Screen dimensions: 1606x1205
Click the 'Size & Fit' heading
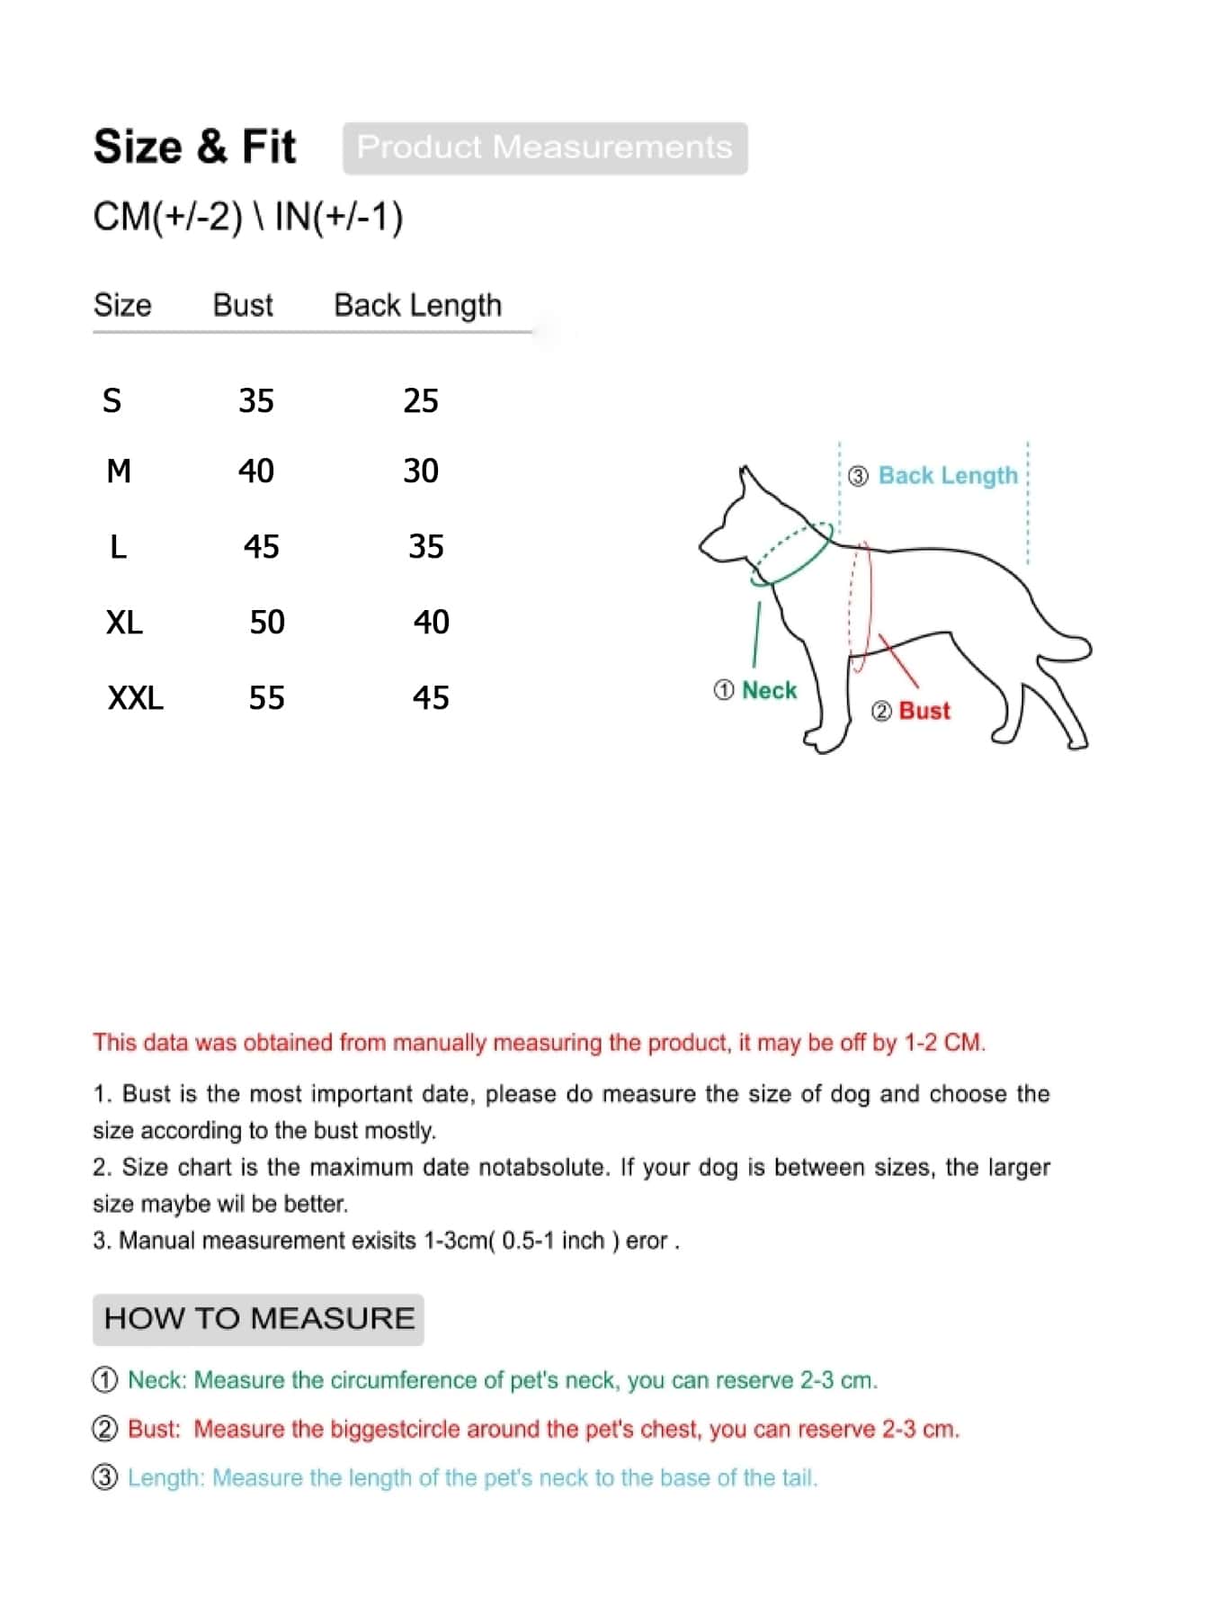(194, 147)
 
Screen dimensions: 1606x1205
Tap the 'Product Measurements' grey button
(544, 148)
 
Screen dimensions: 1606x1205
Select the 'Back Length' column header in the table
(417, 306)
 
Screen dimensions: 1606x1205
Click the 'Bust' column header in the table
(243, 306)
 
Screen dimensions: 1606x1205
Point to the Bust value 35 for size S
(256, 400)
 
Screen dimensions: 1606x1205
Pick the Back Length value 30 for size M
(421, 471)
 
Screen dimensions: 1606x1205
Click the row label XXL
(136, 698)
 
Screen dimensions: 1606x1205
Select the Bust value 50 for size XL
(267, 623)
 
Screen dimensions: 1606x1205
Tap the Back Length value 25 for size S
(421, 400)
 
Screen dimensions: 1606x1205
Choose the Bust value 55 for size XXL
(267, 698)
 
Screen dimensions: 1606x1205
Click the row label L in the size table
(118, 547)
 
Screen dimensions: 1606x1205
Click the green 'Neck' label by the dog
(769, 690)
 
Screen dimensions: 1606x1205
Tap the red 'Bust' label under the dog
(924, 711)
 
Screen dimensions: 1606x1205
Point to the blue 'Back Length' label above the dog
(948, 475)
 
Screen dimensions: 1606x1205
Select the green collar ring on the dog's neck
(791, 553)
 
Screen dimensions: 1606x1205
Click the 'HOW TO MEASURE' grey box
(258, 1319)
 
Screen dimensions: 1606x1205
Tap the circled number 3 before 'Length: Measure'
(105, 1477)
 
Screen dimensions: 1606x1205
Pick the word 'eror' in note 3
(647, 1241)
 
